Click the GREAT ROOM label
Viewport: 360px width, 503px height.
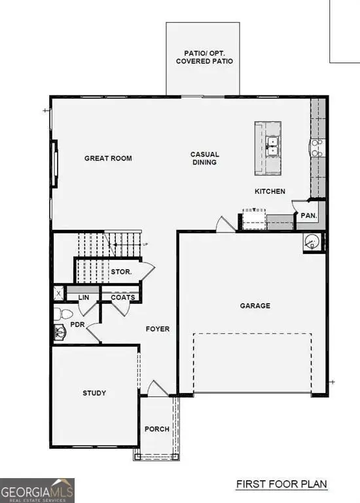108,158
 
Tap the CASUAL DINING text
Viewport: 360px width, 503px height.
204,158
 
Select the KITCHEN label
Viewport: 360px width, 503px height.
270,191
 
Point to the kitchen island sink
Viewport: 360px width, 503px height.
273,145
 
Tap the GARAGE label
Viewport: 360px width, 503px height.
255,305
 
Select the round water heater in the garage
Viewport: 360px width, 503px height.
312,242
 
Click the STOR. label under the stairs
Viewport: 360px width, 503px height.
121,271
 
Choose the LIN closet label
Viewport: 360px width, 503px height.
83,297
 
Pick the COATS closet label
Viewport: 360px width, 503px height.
122,297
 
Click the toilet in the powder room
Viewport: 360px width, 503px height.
59,313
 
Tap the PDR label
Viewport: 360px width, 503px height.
77,324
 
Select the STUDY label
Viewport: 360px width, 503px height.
94,393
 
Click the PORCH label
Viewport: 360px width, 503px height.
157,429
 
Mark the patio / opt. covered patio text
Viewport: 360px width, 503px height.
204,56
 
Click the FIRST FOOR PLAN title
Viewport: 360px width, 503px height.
281,485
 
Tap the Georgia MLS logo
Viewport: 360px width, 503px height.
37,490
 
